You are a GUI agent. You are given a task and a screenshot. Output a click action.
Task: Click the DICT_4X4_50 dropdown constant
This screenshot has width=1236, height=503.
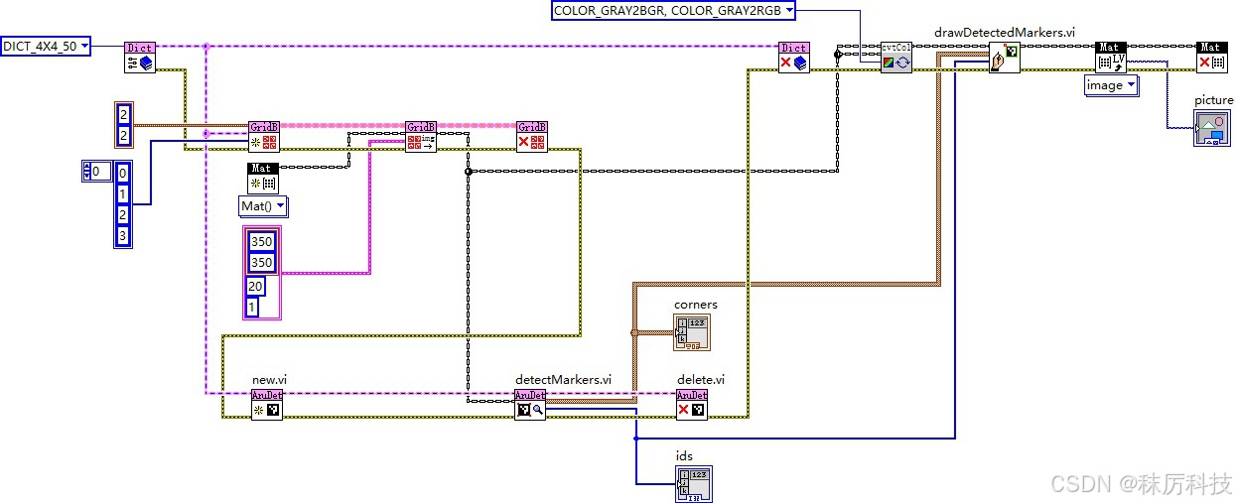point(46,46)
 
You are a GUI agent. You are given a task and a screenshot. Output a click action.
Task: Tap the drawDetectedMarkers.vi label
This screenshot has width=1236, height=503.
point(1005,32)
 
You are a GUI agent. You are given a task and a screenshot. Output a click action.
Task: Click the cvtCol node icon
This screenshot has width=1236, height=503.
point(895,58)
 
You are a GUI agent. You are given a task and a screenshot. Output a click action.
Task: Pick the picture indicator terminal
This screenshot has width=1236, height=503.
point(1212,129)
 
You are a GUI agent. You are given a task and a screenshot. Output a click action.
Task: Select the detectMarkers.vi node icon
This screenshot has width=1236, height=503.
point(530,404)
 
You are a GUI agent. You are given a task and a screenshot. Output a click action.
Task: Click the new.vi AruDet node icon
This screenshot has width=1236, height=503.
point(266,404)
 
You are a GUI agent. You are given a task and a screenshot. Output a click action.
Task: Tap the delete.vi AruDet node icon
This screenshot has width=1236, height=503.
point(691,404)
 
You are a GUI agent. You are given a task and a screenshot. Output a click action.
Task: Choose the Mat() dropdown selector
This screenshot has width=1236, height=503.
point(263,206)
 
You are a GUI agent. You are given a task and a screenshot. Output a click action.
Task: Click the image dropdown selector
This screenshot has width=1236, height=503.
point(1111,85)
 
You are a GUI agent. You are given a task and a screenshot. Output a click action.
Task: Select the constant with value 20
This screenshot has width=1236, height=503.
point(256,286)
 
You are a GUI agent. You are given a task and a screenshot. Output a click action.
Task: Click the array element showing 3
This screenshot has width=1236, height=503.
point(123,236)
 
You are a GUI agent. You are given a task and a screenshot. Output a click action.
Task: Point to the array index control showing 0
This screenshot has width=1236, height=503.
point(96,173)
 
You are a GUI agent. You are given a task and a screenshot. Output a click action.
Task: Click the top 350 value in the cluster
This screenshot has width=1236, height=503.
point(261,241)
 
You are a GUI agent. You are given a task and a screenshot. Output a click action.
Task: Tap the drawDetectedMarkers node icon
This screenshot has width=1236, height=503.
point(1005,58)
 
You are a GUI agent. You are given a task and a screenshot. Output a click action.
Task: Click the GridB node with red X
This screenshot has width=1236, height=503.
point(531,136)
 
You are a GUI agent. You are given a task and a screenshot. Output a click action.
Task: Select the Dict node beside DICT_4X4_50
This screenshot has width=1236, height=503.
point(140,58)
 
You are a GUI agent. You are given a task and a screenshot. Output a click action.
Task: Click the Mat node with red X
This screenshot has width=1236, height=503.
point(1210,57)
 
